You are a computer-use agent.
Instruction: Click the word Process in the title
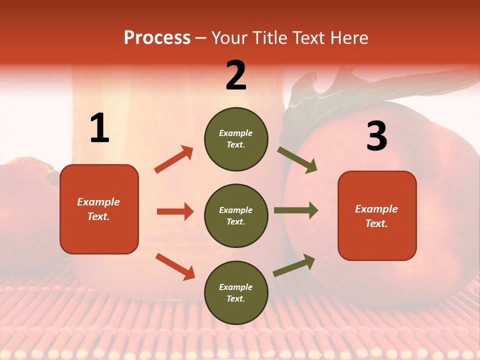coord(157,38)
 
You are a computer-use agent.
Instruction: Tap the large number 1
coord(99,128)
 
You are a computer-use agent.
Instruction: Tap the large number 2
coord(236,75)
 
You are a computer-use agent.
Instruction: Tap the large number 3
coord(377,136)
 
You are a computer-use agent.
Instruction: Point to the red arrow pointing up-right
coord(174,159)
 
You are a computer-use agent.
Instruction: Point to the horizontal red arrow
coord(175,211)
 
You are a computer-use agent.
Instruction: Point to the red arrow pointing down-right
coord(175,266)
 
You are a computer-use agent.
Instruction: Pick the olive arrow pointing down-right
coord(297,160)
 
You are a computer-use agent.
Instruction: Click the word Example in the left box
coord(98,202)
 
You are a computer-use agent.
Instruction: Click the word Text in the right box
coord(376,223)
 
